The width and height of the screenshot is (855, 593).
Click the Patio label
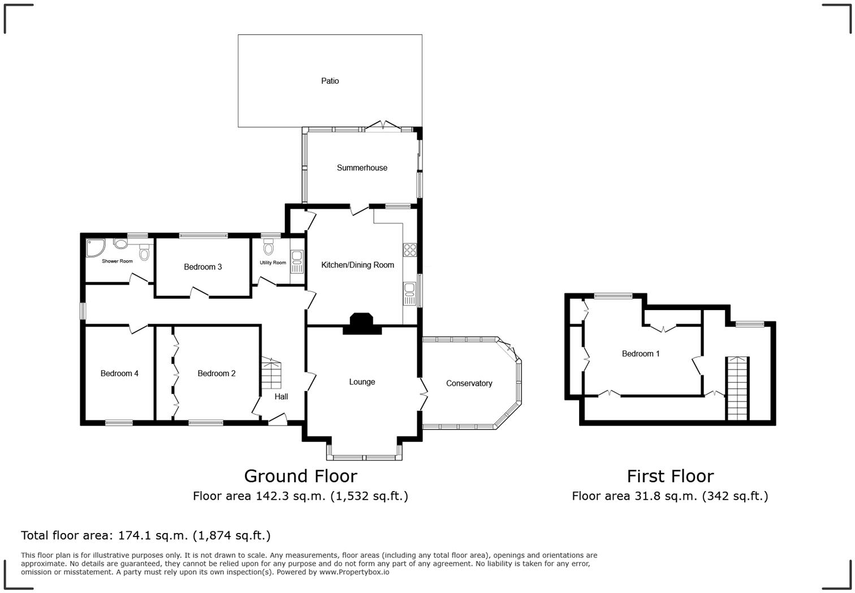point(330,81)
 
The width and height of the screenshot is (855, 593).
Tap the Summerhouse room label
point(362,167)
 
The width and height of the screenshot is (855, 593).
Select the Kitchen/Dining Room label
point(357,265)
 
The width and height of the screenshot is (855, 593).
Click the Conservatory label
point(469,383)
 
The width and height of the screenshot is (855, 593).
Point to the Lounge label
point(362,382)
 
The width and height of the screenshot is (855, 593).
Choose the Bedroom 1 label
point(641,354)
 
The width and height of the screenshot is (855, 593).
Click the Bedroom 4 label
point(119,373)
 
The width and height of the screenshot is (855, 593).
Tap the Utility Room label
point(273,263)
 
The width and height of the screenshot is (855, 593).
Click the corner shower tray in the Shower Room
point(94,247)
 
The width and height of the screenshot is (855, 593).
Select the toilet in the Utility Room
point(268,248)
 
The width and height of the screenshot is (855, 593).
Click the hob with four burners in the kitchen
point(410,250)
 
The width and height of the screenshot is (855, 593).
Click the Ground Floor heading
point(300,476)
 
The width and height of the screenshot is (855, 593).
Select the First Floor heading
point(670,476)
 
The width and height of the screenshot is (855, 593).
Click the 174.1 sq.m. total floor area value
point(153,535)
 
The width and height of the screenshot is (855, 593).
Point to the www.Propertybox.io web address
point(354,572)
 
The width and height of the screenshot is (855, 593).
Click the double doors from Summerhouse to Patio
point(383,126)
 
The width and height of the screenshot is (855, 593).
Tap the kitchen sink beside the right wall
point(409,291)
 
